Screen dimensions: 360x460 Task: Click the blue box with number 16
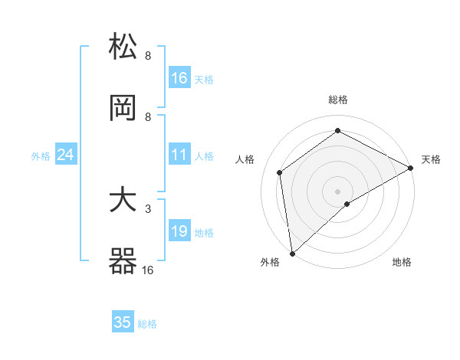179,77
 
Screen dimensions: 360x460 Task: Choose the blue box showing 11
179,155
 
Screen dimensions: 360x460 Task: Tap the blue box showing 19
179,231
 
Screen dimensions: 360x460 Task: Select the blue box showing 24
66,155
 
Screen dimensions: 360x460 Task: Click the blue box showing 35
123,322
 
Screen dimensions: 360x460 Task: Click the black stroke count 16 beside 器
147,270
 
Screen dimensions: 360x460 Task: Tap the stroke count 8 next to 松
148,55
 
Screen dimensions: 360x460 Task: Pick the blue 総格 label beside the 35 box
148,324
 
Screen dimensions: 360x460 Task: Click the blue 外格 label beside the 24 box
41,156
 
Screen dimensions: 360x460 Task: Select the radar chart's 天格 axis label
431,159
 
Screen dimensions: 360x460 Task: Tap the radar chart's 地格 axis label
402,262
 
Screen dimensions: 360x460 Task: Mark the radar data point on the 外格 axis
292,253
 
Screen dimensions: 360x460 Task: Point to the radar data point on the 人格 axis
280,172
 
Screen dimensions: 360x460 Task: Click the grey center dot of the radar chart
337,191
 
